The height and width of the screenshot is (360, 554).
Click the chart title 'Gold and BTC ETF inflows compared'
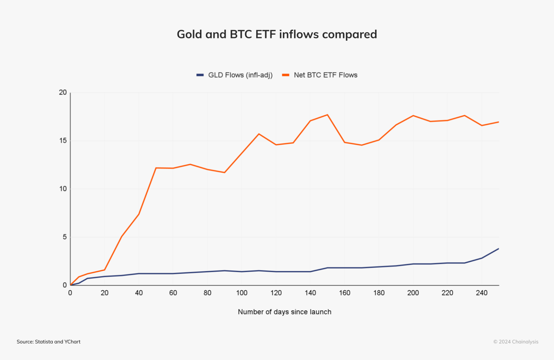pyautogui.click(x=277, y=34)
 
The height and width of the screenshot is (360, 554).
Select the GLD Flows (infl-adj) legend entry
pyautogui.click(x=235, y=75)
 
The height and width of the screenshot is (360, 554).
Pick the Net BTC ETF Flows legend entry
pyautogui.click(x=320, y=75)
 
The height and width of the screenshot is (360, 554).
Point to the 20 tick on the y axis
pyautogui.click(x=63, y=93)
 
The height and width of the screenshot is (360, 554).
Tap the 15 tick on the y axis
pyautogui.click(x=63, y=141)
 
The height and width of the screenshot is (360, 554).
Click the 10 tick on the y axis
pyautogui.click(x=63, y=189)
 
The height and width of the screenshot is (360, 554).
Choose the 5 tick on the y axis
pyautogui.click(x=65, y=237)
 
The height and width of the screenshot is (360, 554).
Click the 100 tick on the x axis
pyautogui.click(x=242, y=293)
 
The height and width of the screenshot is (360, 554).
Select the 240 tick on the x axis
pyautogui.click(x=482, y=293)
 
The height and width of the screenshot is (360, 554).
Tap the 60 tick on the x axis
pyautogui.click(x=173, y=293)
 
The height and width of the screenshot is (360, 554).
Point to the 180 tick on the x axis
pyautogui.click(x=379, y=293)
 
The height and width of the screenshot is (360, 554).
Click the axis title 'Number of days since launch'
pyautogui.click(x=284, y=312)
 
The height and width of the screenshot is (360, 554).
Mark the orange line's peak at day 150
pyautogui.click(x=327, y=115)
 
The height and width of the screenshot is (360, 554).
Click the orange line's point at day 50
pyautogui.click(x=156, y=168)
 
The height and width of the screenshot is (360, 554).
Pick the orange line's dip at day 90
pyautogui.click(x=224, y=172)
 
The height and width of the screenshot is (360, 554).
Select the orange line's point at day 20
pyautogui.click(x=105, y=270)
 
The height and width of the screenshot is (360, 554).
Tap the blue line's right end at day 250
pyautogui.click(x=499, y=249)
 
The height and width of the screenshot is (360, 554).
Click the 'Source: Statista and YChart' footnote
pyautogui.click(x=49, y=342)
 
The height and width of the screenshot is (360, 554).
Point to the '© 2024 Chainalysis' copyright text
pyautogui.click(x=516, y=342)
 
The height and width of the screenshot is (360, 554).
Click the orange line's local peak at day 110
pyautogui.click(x=259, y=134)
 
